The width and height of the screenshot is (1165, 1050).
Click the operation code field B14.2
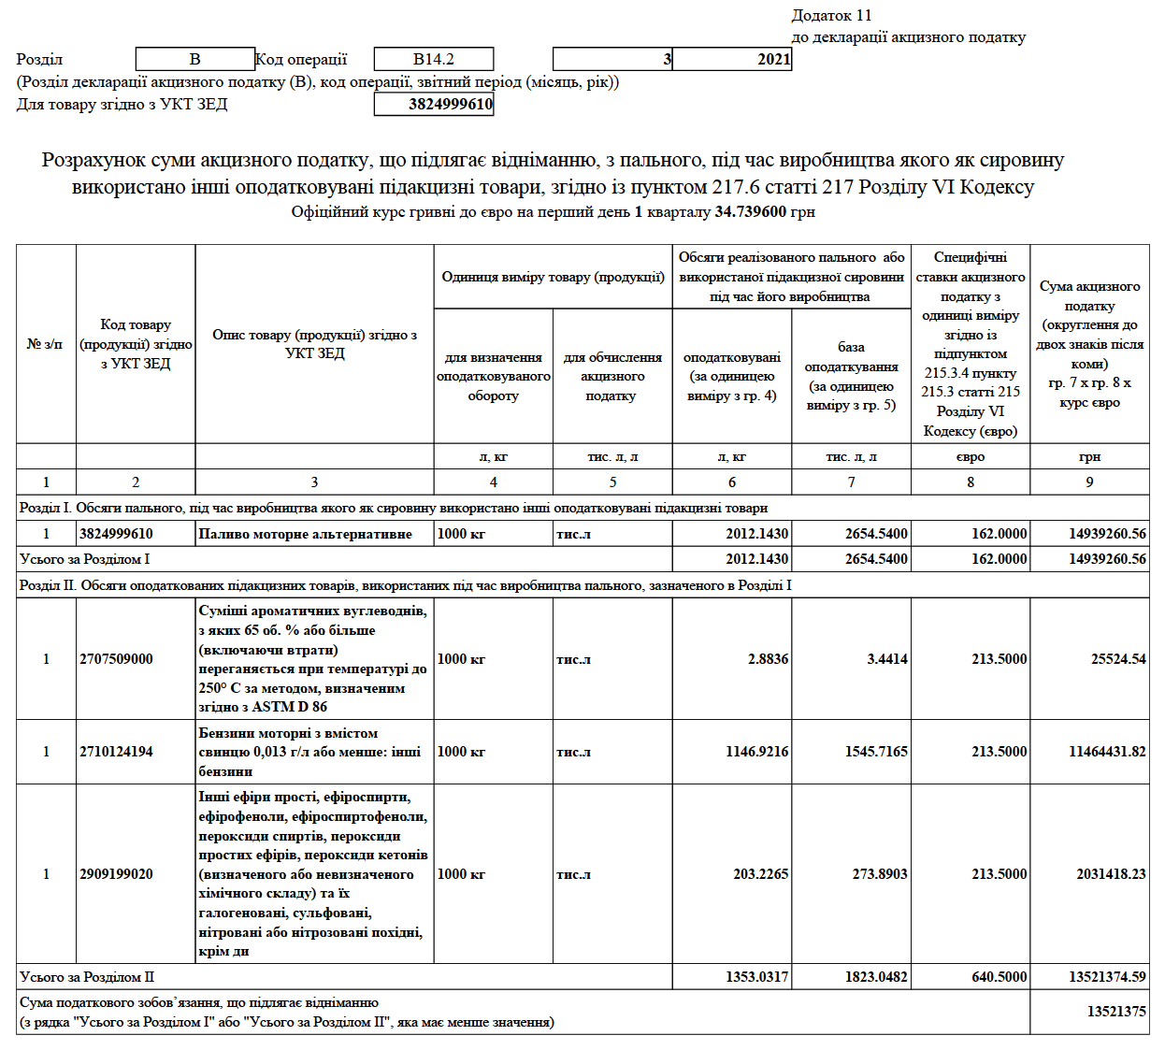[434, 59]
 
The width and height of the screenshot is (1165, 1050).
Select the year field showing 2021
[732, 59]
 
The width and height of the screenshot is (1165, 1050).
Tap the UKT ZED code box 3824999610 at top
[434, 104]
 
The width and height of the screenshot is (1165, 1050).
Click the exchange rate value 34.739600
[750, 212]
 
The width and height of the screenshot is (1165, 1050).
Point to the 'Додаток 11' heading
[831, 15]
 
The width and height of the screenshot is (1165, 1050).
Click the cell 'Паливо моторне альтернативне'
[306, 534]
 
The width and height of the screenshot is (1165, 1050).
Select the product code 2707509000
[116, 659]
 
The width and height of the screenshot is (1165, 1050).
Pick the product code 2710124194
[116, 752]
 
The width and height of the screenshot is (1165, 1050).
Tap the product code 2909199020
[116, 874]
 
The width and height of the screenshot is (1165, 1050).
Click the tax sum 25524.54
[1117, 659]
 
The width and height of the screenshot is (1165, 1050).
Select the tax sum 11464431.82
[1107, 752]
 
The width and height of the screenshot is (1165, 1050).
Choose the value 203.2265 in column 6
[760, 874]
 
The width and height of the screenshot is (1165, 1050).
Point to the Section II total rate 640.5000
[999, 977]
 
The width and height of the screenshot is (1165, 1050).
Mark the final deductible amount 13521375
[1116, 1012]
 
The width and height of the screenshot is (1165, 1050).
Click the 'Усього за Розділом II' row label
[87, 977]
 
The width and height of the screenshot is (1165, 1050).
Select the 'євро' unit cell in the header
[971, 457]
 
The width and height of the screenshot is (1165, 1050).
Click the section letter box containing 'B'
[194, 59]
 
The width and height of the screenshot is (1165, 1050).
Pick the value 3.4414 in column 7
[886, 659]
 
